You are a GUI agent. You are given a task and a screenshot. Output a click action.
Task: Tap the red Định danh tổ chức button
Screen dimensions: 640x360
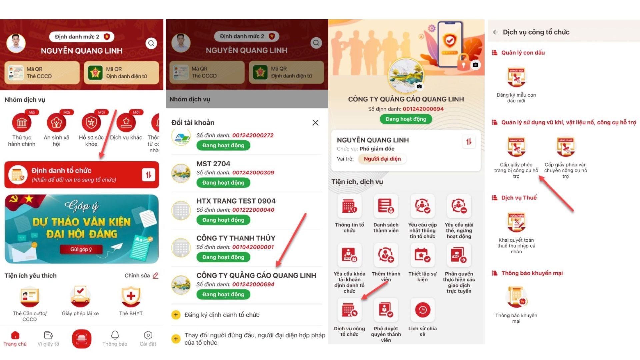pos(82,175)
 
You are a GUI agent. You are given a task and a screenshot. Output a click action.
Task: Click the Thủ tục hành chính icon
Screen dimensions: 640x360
pos(22,123)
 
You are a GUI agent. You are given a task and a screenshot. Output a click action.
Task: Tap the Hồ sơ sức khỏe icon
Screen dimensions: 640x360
pos(91,123)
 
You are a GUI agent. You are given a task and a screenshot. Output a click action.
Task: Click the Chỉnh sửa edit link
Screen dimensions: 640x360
pos(141,276)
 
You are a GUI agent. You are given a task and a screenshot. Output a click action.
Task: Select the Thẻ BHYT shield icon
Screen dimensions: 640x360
pos(131,296)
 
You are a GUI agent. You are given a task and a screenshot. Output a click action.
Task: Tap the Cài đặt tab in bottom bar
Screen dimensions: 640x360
pos(148,339)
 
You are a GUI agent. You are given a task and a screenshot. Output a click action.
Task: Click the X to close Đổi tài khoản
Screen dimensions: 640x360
pos(315,123)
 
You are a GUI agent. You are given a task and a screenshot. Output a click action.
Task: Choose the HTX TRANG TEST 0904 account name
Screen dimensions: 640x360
pos(236,201)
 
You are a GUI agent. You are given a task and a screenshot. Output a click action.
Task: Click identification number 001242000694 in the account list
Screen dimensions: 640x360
pos(253,284)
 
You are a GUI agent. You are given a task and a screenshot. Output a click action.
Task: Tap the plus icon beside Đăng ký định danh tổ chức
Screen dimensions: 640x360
pos(176,315)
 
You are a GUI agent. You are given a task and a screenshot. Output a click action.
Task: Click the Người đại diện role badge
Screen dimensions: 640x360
pos(382,159)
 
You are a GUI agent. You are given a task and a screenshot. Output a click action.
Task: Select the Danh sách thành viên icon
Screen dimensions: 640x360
pos(386,206)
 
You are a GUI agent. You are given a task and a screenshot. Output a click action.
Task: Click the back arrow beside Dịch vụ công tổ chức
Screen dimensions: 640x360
pos(496,32)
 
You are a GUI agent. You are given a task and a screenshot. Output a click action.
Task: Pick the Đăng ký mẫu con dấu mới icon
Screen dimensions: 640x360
pos(516,78)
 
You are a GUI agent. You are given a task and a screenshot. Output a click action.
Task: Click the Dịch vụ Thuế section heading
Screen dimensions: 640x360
pos(519,198)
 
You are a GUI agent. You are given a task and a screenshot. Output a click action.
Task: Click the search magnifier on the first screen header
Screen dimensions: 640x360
pos(151,43)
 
